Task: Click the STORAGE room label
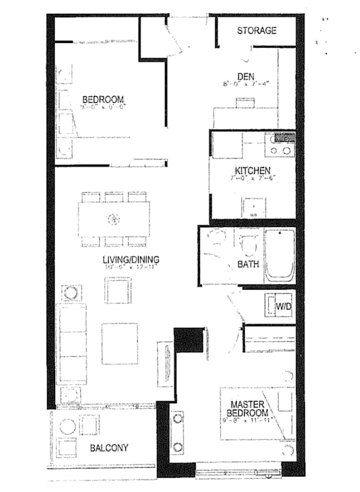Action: pos(257,31)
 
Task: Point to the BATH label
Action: pos(248,264)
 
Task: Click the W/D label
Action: pos(283,307)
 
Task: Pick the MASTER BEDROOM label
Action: pos(249,408)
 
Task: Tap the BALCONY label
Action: pos(109,448)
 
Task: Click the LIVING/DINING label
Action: pos(131,260)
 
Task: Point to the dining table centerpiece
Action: pos(114,219)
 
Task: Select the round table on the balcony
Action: pos(68,427)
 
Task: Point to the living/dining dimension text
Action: pos(131,268)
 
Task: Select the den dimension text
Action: pos(246,84)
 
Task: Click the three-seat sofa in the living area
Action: pos(71,343)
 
